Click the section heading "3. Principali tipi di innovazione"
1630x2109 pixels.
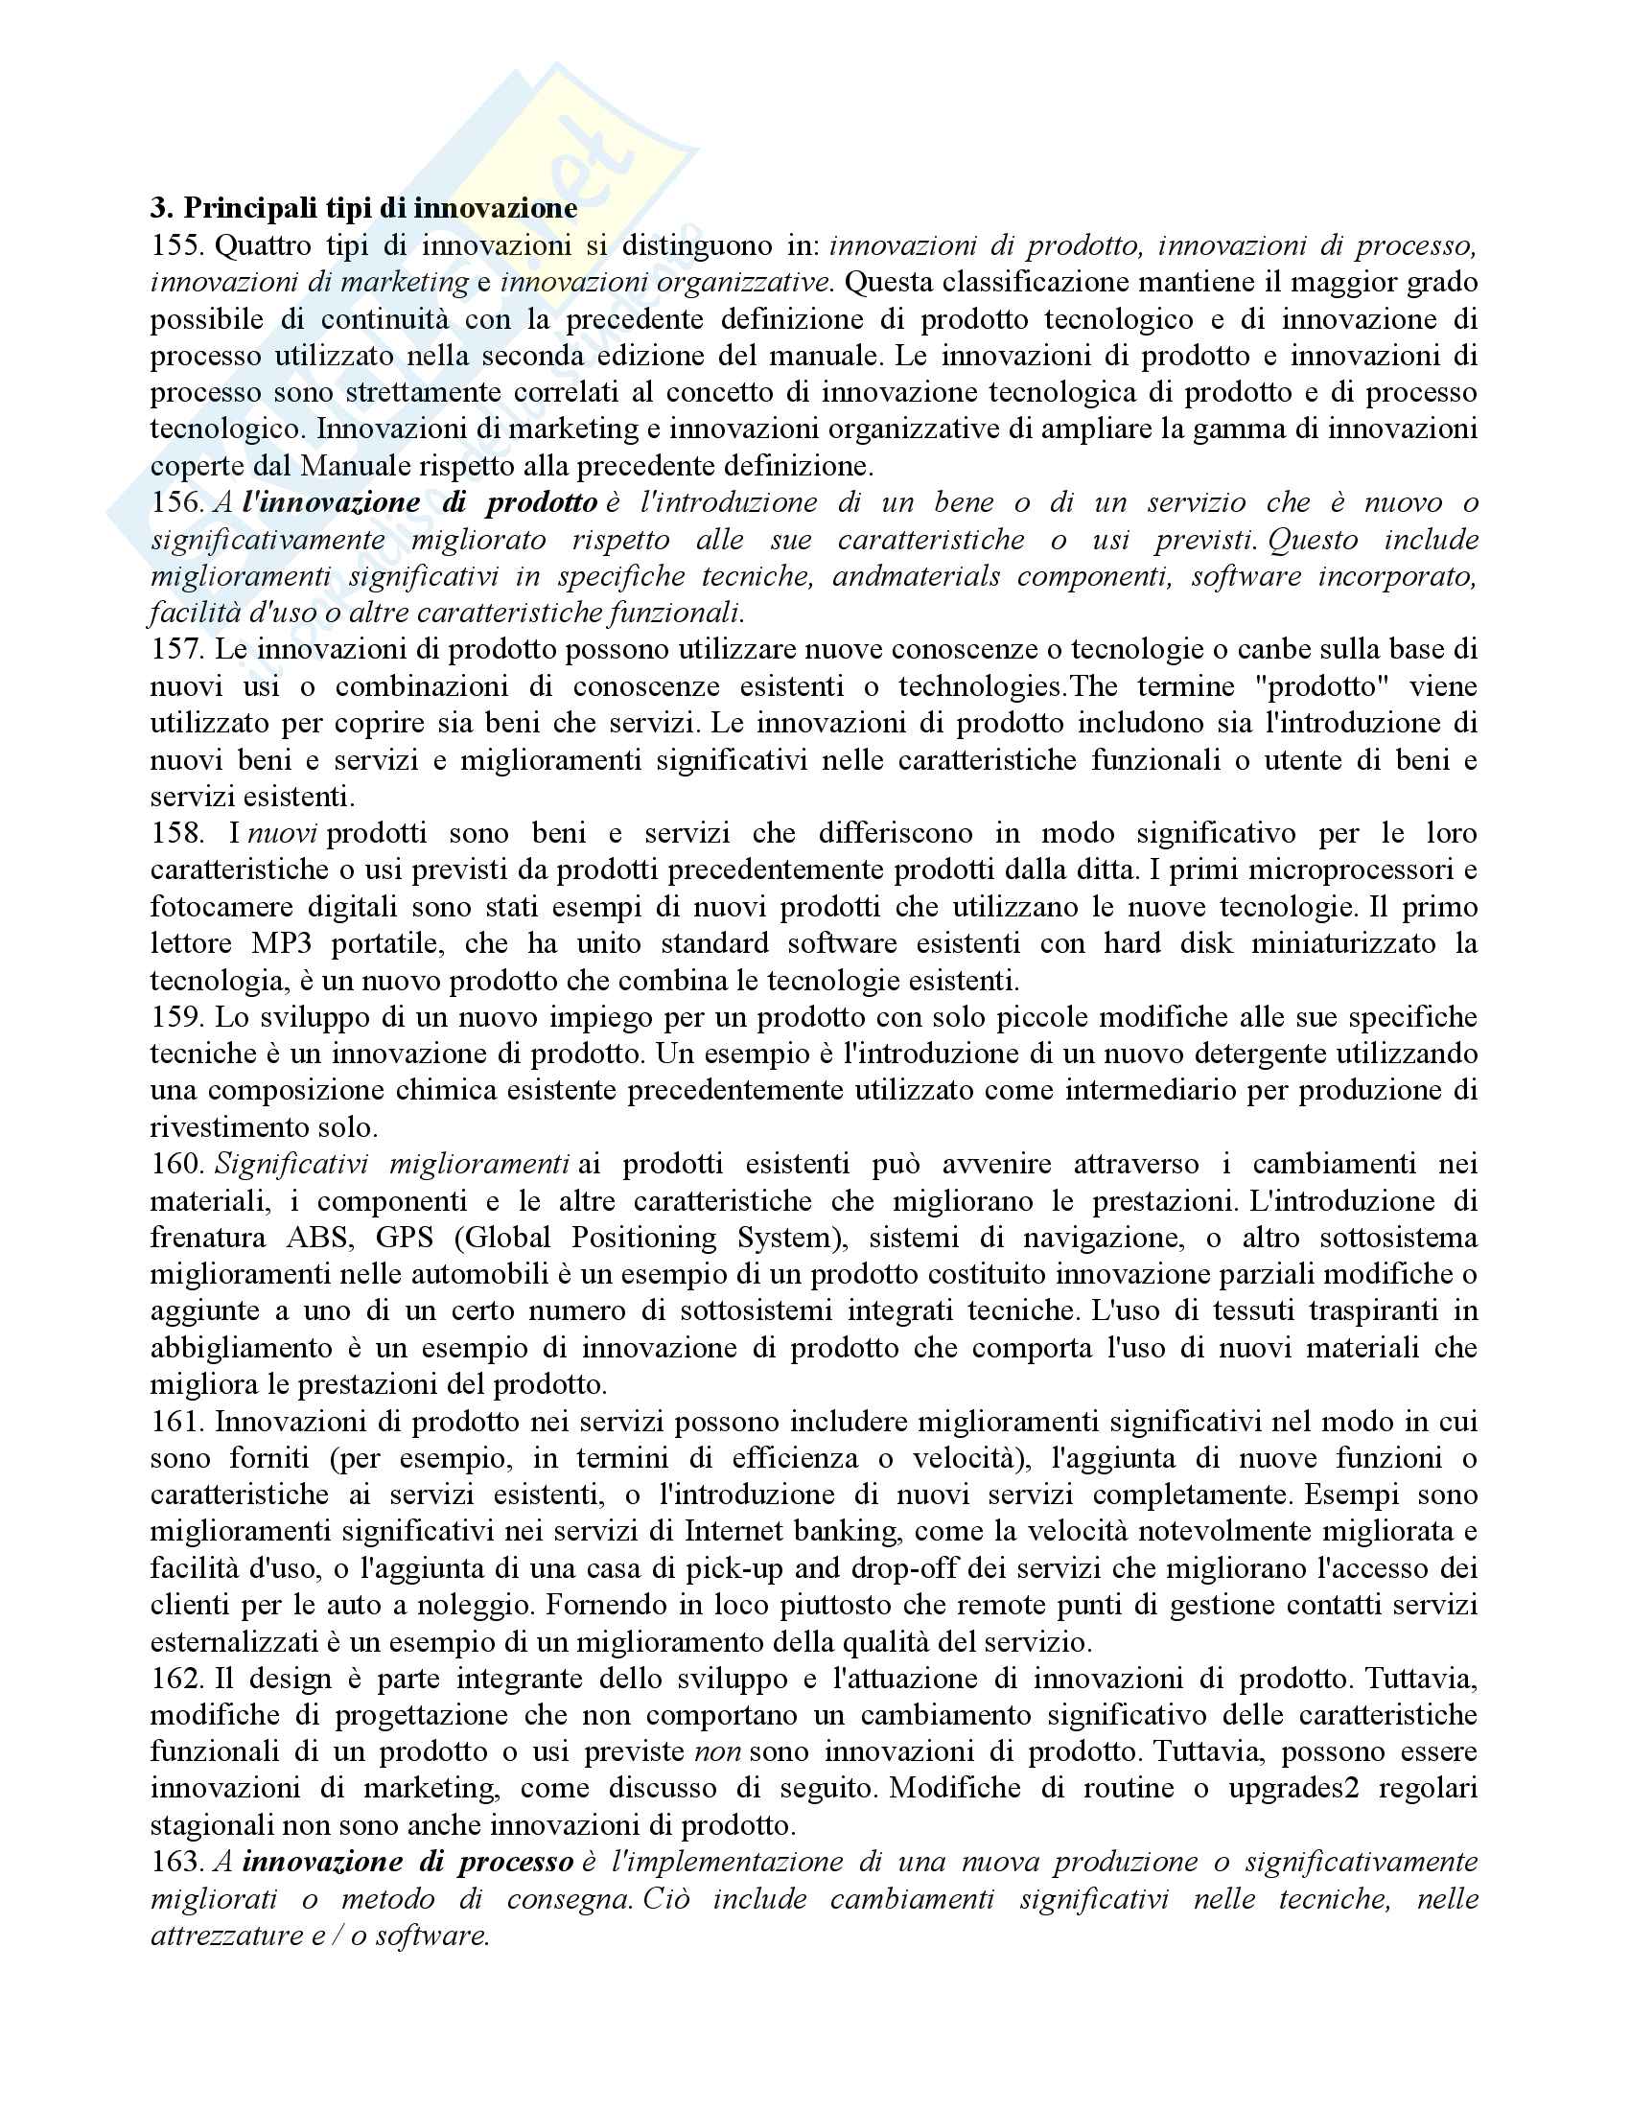[x=363, y=208]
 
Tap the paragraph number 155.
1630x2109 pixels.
[x=175, y=245]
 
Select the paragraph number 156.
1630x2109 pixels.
[x=175, y=502]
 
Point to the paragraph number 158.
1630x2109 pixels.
[x=175, y=832]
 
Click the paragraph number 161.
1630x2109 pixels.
[x=175, y=1421]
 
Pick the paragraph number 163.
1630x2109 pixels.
[x=175, y=1861]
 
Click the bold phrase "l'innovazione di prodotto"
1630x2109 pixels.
[x=420, y=502]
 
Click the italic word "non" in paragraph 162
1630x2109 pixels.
[x=717, y=1750]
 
